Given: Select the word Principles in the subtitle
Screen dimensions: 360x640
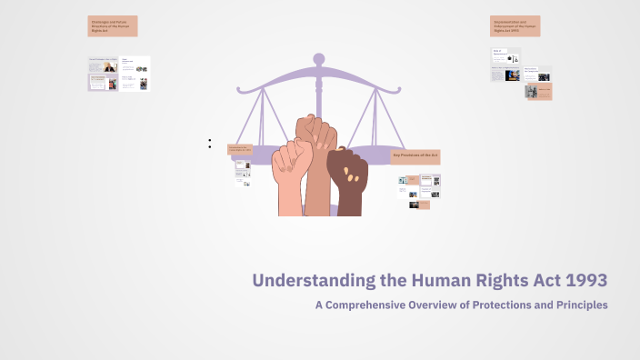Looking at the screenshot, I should click(576, 305).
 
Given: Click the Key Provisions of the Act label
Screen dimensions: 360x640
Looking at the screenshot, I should click(415, 156).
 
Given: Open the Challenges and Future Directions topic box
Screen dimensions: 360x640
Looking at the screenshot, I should click(112, 26).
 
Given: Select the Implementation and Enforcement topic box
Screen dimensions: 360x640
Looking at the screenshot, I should click(515, 26).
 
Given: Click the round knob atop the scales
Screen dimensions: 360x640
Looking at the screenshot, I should click(318, 59).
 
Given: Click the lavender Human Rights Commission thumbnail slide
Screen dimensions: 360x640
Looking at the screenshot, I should click(103, 82).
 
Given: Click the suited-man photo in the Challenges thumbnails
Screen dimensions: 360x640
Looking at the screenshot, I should click(110, 67).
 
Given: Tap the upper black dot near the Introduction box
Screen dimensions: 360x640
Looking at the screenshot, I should click(210, 141).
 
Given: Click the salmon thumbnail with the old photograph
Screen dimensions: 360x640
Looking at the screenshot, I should click(539, 91).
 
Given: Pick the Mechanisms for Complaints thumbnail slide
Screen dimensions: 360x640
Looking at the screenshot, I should click(537, 74).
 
